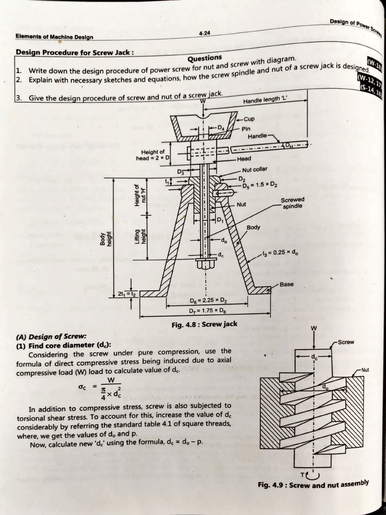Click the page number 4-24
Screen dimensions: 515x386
205,33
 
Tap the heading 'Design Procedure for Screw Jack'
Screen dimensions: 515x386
75,52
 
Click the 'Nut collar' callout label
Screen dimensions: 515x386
254,169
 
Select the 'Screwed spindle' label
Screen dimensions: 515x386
293,203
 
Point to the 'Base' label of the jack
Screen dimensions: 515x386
286,285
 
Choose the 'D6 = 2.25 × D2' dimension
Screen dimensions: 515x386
209,301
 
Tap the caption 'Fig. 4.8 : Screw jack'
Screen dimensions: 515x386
204,324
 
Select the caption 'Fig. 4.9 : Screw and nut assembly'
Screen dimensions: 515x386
313,484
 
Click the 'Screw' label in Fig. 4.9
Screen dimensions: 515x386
346,342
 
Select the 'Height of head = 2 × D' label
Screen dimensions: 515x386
153,155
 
